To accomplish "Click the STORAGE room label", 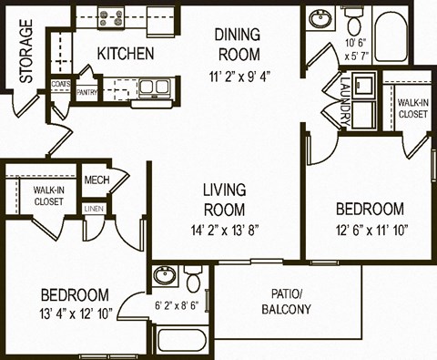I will pos(26,53).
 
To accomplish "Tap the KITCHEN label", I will pos(124,53).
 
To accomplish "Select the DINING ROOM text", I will pos(239,43).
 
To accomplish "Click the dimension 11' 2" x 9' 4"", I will pos(239,76).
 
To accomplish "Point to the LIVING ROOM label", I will pos(224,199).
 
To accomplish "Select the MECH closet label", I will pos(97,180).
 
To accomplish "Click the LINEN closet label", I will pos(94,210).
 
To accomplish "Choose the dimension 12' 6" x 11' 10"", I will pos(369,230).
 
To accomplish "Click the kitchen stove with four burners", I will pos(113,15).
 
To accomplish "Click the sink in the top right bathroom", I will pos(320,19).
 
